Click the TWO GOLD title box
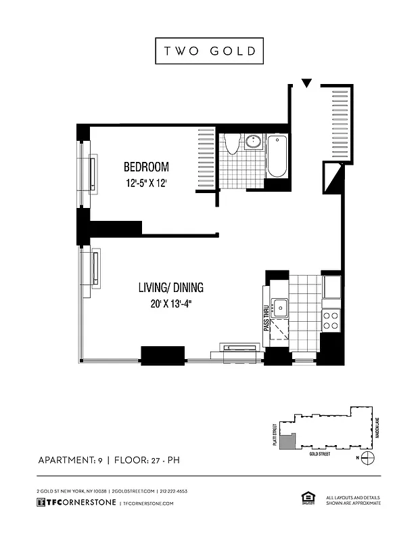point(209,51)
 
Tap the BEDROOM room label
point(145,167)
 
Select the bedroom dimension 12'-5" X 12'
point(145,183)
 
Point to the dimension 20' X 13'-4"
point(172,304)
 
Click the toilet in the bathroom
point(231,144)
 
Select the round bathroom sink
point(254,142)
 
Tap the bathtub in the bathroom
point(277,157)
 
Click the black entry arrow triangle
point(306,83)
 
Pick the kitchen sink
point(280,308)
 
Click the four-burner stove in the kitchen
point(330,320)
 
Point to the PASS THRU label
point(266,317)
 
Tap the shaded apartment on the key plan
point(287,442)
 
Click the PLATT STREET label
point(277,431)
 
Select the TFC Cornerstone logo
point(74,503)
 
